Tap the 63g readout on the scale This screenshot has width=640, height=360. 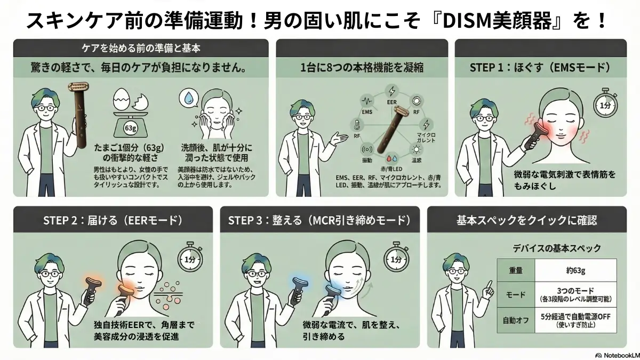tap(129, 128)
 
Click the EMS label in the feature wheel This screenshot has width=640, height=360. tap(366, 112)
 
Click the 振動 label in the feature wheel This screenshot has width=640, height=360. tap(367, 159)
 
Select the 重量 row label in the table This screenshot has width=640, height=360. tap(516, 271)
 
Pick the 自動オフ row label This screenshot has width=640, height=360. tap(516, 320)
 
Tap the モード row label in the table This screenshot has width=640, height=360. tap(516, 295)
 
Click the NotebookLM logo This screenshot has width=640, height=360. tap(613, 354)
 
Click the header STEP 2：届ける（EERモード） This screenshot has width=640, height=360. tap(113, 220)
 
